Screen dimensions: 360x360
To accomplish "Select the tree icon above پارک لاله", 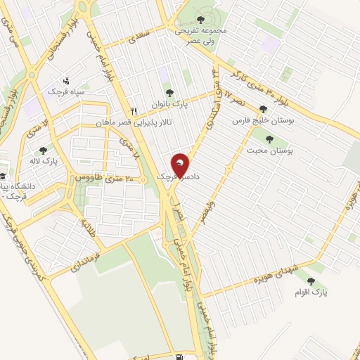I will coord(44,150).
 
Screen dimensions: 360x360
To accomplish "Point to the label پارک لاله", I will coord(44,161).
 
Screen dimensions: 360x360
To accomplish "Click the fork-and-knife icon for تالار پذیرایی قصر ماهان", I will coord(134,111).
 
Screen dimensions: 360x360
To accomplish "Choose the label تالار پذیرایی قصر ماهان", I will coord(134,122).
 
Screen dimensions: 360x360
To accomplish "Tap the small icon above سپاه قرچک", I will coord(66,80).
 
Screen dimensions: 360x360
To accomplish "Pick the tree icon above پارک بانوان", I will coord(167,93).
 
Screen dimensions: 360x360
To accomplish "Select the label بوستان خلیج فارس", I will coord(263,121).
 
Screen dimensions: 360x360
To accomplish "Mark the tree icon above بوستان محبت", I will coord(267,139).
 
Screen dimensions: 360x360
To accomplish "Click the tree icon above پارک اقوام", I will coord(311,281).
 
